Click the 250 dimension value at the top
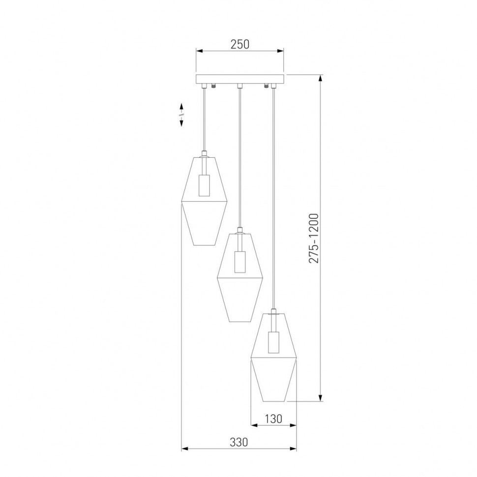pos(240,44)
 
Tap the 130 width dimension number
pos(274,418)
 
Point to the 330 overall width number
pos(238,442)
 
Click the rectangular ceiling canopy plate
pos(240,79)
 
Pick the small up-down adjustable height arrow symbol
pos(181,115)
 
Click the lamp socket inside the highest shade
pos(204,185)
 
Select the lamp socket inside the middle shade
pos(239,262)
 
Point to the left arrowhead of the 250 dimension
pos(199,50)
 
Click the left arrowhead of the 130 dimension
pos(254,425)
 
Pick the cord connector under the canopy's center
pos(239,87)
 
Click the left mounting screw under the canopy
pos(213,86)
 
